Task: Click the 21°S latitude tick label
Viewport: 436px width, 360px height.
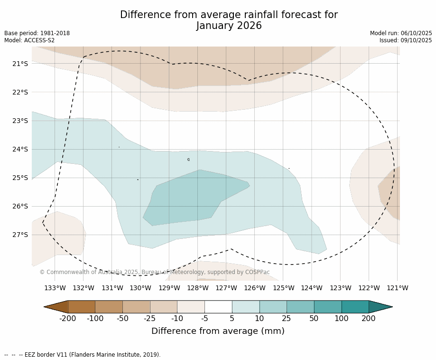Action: coord(20,64)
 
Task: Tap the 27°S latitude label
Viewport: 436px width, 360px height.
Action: coord(20,235)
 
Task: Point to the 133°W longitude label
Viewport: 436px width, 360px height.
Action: coord(55,288)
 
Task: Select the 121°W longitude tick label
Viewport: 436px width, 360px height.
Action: coord(398,288)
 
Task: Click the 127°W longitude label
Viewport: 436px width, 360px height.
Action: coord(226,288)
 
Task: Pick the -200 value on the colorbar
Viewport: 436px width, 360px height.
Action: coord(68,319)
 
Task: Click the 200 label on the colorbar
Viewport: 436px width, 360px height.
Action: coord(369,319)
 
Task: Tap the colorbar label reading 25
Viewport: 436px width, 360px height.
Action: coord(287,319)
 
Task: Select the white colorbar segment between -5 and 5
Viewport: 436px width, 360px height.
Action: coord(218,307)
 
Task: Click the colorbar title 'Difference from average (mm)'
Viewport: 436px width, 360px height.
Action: coord(218,331)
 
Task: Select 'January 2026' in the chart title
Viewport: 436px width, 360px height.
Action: coord(229,26)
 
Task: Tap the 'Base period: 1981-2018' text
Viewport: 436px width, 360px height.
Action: coord(37,33)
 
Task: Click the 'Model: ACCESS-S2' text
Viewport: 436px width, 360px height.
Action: coord(29,40)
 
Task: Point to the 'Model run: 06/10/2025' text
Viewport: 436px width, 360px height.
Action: coord(401,33)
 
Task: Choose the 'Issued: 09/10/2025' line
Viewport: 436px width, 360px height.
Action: coord(406,40)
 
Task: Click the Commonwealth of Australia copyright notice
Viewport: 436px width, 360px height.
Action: coord(155,272)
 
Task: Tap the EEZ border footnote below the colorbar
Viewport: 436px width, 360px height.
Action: coord(83,355)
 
